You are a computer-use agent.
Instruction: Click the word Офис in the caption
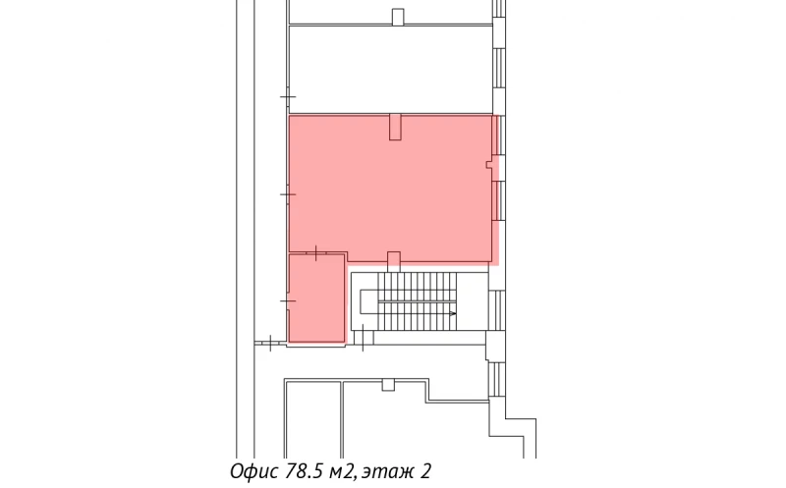coord(253,471)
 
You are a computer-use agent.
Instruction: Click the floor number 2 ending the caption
coord(426,471)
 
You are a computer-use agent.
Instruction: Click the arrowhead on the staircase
coord(452,313)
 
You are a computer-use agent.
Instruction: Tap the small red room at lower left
coord(316,298)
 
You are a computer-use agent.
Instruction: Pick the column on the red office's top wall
coord(395,127)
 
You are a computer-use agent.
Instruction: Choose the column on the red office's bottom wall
coord(394,260)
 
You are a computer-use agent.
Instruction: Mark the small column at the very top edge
coord(397,16)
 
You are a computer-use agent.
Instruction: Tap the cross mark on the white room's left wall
coord(287,98)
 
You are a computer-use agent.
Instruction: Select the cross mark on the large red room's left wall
coord(287,194)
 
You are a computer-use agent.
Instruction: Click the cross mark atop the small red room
coord(314,253)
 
